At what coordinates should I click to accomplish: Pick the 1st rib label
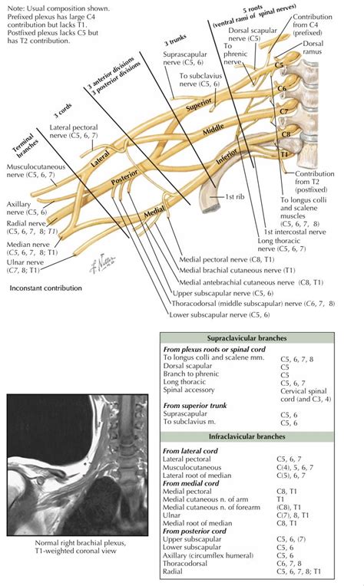click(x=235, y=199)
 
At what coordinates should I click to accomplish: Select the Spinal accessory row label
click(x=189, y=389)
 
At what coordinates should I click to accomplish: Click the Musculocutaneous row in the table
click(x=193, y=466)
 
